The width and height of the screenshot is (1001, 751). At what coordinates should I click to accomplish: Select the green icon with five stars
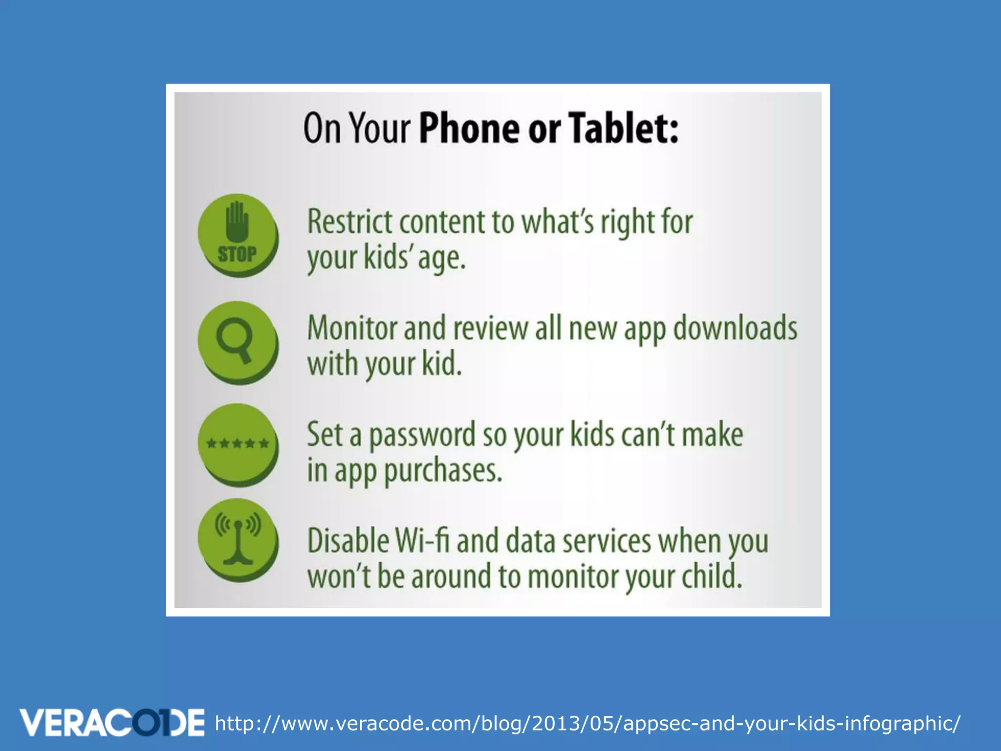tap(238, 443)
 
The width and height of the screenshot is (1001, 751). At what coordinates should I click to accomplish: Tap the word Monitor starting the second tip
tap(351, 328)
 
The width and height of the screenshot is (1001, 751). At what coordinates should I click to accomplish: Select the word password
tap(421, 435)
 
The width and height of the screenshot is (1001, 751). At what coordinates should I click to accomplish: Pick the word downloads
tap(735, 328)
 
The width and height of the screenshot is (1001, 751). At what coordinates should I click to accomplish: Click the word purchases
tap(443, 471)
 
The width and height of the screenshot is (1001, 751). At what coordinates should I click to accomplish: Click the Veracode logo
tap(112, 723)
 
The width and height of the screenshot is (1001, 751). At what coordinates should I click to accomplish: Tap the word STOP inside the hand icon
tap(237, 254)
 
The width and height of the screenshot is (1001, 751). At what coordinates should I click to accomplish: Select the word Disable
tap(348, 541)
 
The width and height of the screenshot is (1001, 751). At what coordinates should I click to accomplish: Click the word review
tap(490, 328)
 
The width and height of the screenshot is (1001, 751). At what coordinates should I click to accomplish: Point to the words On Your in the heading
tap(356, 128)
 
